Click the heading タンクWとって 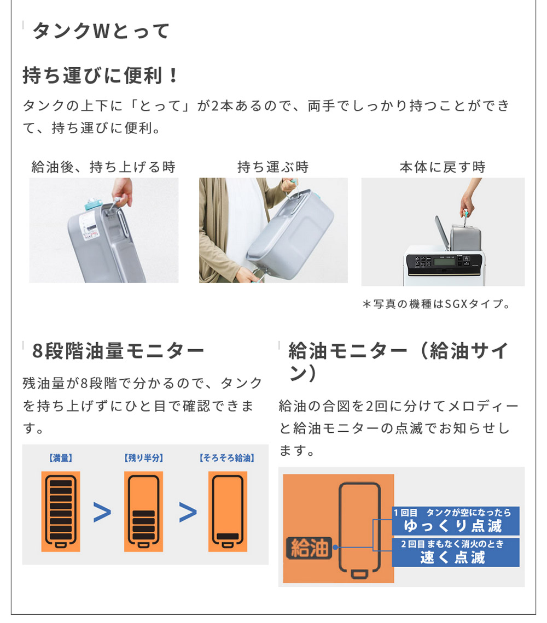pos(101,31)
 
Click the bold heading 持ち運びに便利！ pos(101,75)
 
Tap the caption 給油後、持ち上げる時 pos(103,167)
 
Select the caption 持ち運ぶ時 pos(273,167)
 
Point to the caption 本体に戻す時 pos(443,167)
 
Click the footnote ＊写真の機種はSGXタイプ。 pos(437,304)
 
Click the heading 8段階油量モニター pos(118,350)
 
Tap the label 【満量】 pos(61,458)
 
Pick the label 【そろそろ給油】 pos(227,458)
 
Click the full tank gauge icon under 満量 pos(61,512)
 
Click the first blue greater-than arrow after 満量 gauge pos(102,512)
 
